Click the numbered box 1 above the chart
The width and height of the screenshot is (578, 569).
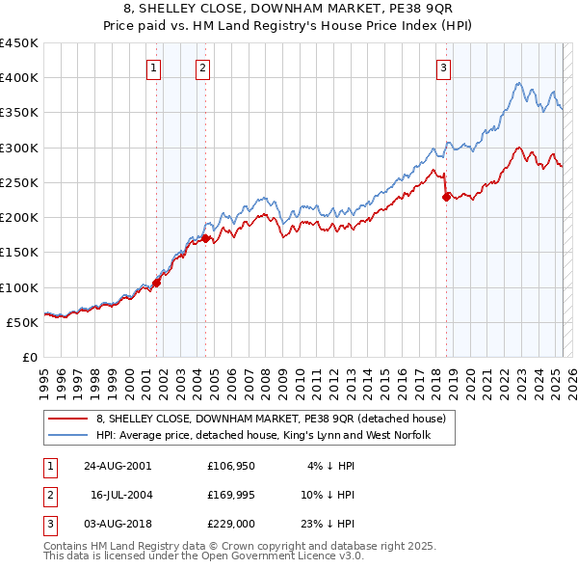point(155,68)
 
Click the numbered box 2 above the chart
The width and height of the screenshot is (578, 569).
point(202,68)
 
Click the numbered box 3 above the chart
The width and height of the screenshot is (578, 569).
point(443,68)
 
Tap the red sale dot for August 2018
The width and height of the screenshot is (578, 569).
point(446,197)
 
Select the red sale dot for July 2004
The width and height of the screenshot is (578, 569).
point(206,238)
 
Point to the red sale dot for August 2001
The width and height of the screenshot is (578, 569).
point(156,283)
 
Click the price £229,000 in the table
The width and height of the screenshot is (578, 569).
point(230,524)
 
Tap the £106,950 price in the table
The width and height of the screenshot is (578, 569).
point(230,466)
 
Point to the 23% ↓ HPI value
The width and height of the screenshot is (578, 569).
point(331,524)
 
